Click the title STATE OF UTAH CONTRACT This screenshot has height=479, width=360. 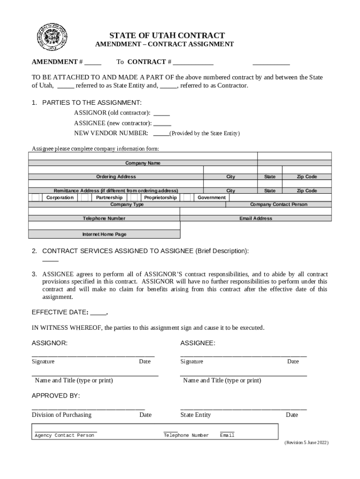167,36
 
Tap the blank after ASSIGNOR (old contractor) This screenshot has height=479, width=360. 161,113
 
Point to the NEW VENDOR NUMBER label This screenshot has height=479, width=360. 111,133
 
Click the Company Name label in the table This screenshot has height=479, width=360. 143,163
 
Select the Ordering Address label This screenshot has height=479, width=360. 116,177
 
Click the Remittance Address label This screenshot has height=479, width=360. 116,191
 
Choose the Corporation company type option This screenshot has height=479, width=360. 59,197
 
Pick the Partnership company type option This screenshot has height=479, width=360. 109,197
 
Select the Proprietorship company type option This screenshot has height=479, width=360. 160,197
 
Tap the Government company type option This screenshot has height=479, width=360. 211,197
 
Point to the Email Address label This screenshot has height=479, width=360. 256,218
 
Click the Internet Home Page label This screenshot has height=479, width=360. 104,234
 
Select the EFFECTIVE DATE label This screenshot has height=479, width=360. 59,312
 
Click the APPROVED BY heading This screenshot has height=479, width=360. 56,396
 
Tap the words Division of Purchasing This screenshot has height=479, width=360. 61,415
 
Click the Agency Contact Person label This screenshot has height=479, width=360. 65,435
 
